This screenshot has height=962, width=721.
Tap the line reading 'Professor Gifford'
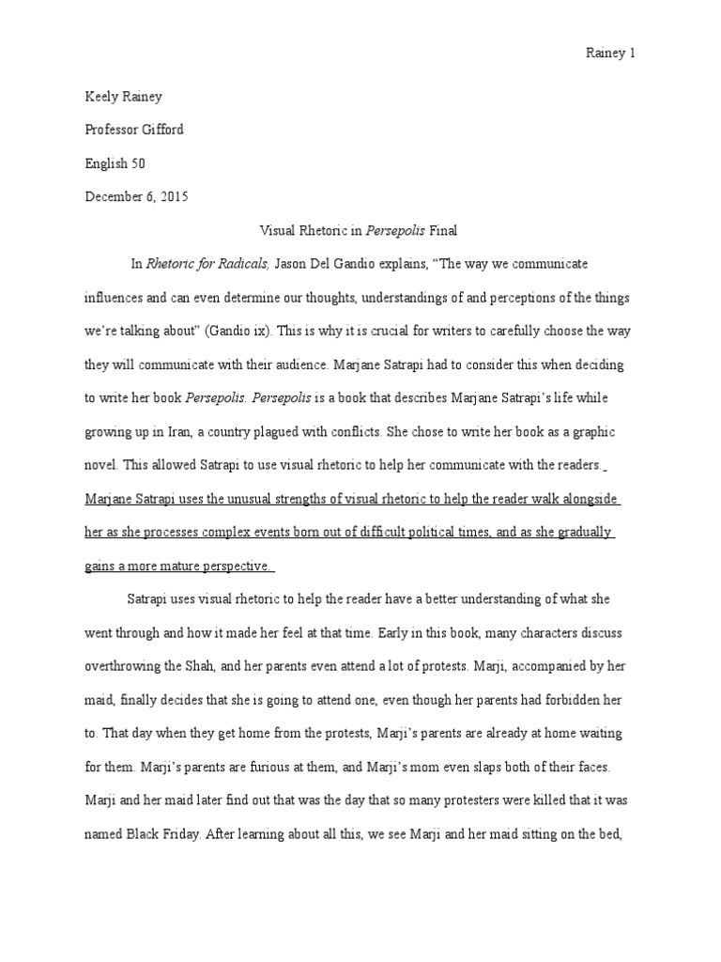[134, 130]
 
